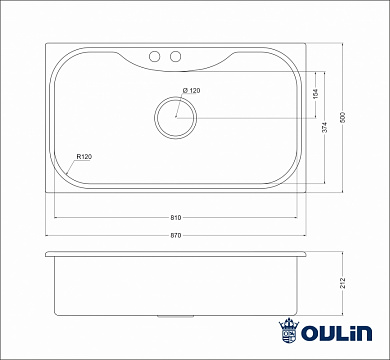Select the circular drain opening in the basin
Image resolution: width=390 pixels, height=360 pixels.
pos(174,116)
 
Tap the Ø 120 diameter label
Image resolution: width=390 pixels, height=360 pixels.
pos(192,91)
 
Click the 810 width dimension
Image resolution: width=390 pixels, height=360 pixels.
pos(176,217)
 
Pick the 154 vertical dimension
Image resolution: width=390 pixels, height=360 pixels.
pos(316,94)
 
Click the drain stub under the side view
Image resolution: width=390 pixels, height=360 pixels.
pos(176,318)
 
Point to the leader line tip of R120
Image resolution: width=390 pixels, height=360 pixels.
pos(67,175)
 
